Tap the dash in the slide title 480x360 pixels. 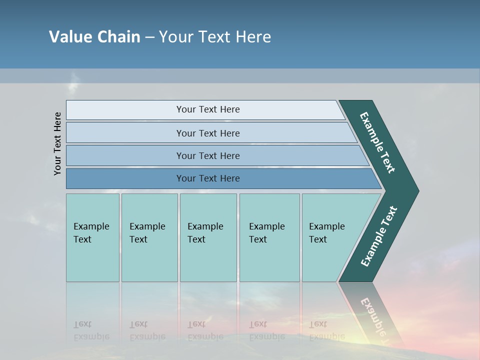[149, 37]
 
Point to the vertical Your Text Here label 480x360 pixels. [57, 143]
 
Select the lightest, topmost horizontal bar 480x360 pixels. [208, 109]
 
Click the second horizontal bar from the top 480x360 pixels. [208, 133]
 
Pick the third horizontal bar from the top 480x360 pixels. [208, 155]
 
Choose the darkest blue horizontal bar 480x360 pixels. [208, 178]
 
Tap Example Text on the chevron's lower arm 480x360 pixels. [379, 236]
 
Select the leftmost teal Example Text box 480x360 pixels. [92, 237]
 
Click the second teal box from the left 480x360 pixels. [149, 237]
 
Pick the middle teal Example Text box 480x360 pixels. [208, 237]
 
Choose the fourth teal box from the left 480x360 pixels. [269, 237]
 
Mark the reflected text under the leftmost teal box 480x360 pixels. [91, 330]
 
